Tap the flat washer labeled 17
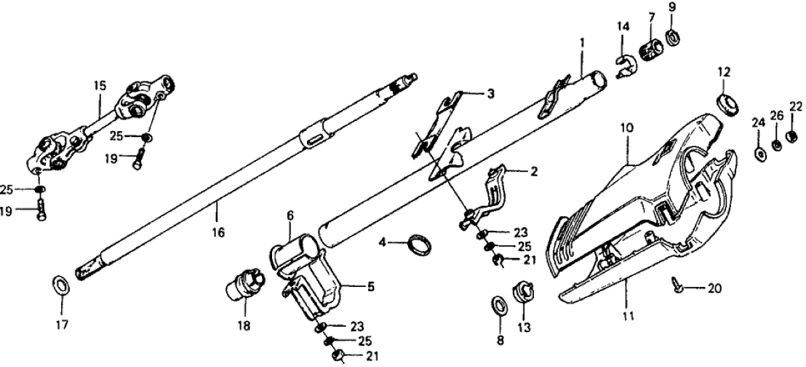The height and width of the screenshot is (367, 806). [62, 283]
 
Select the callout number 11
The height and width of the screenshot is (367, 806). [627, 316]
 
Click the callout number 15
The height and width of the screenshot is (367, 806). [100, 85]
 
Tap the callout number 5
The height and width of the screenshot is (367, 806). [370, 287]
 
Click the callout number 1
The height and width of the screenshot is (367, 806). [582, 42]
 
